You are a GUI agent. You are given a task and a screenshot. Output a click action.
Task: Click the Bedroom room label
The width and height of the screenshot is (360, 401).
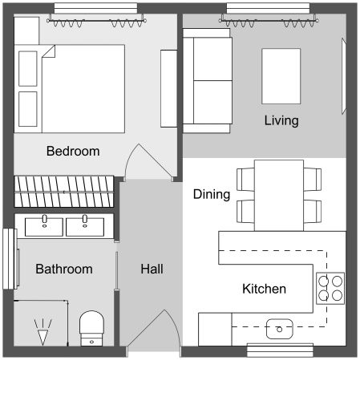click(x=72, y=151)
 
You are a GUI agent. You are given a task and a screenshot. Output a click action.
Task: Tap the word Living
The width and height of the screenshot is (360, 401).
click(x=281, y=121)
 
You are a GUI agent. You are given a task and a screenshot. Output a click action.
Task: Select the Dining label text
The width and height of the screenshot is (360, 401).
click(x=212, y=194)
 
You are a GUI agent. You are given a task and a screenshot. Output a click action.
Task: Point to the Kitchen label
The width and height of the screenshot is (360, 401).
click(x=264, y=289)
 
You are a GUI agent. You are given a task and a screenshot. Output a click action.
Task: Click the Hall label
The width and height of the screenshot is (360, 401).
click(x=152, y=269)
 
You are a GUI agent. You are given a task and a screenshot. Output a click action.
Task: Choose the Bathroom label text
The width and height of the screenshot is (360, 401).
click(x=63, y=269)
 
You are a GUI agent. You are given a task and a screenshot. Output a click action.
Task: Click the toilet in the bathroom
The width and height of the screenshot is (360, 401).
click(x=92, y=327)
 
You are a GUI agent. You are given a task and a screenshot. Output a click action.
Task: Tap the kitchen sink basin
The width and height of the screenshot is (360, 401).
click(x=280, y=327)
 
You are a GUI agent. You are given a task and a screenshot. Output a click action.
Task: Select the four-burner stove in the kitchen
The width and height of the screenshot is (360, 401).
click(x=330, y=287)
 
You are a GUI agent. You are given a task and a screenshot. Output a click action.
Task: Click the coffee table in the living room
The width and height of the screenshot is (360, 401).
click(x=281, y=76)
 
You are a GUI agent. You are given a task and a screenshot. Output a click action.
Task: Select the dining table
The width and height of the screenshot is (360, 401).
click(x=279, y=195)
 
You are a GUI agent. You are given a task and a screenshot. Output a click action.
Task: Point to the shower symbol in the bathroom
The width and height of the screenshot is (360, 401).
click(x=42, y=329)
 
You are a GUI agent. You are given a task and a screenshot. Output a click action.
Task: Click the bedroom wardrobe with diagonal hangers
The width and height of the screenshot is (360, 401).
click(x=64, y=192)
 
